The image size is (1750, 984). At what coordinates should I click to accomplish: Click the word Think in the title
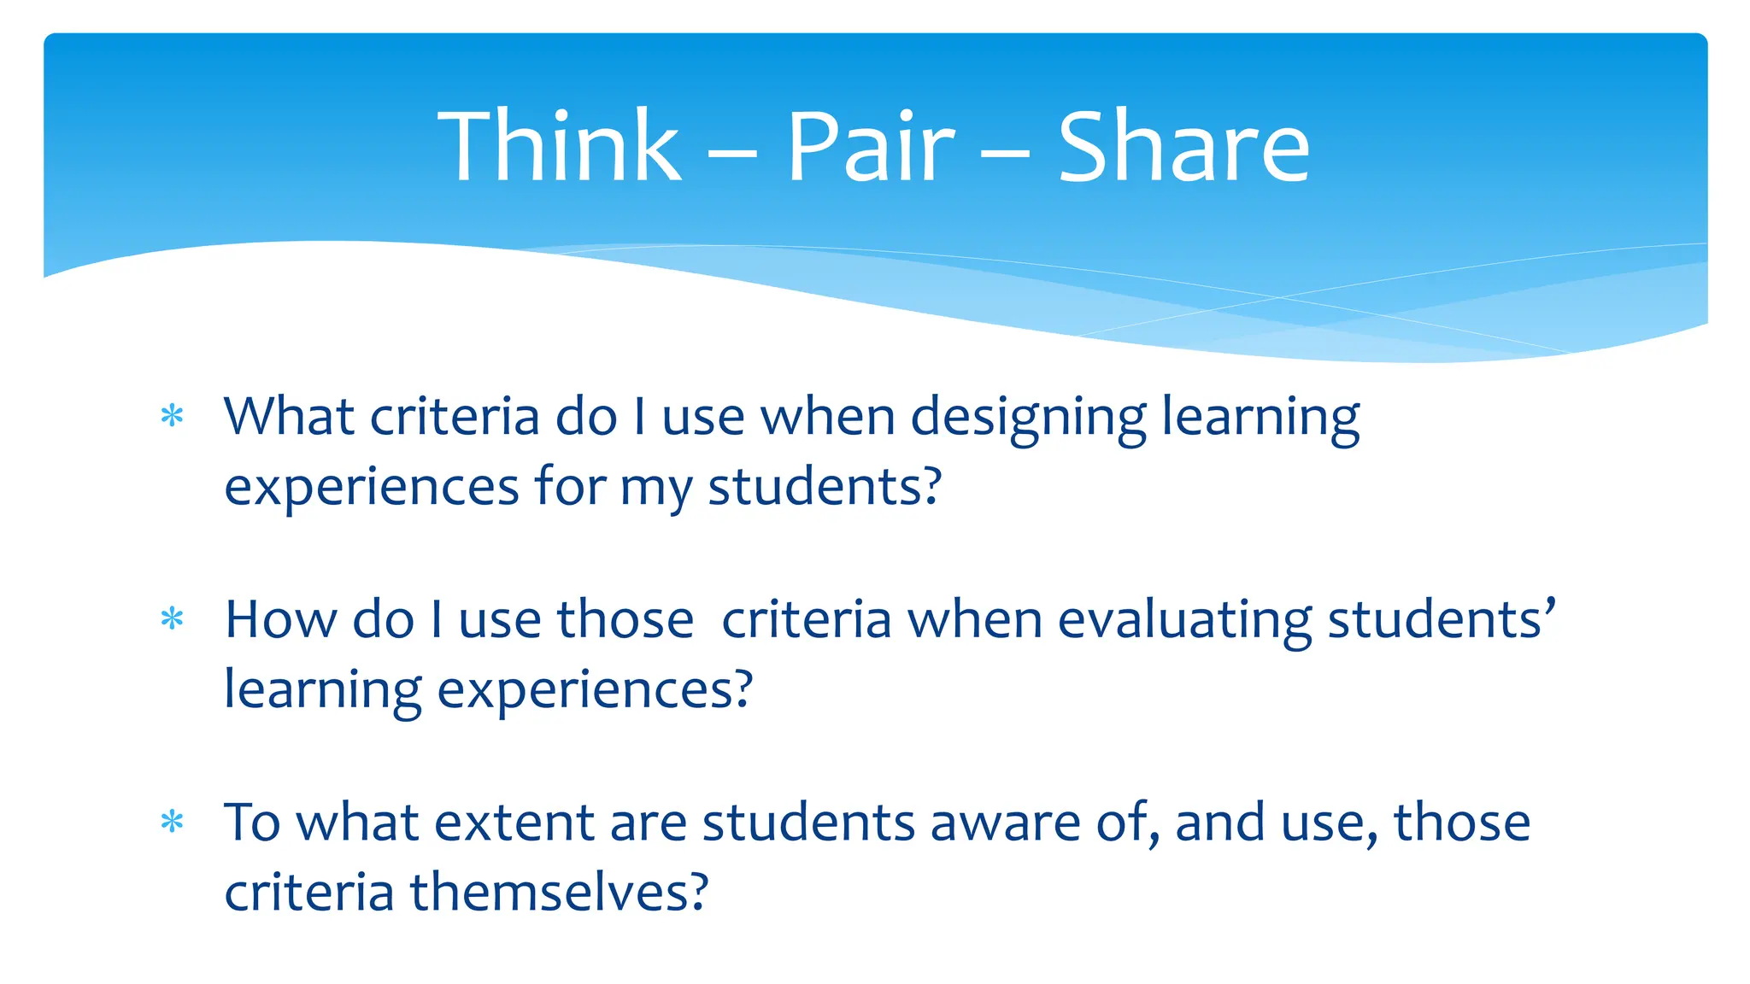559,146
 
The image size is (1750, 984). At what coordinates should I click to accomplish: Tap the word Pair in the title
869,146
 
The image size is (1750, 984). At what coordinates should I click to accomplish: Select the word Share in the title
1183,146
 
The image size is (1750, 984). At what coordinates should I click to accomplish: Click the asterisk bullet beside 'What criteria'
173,416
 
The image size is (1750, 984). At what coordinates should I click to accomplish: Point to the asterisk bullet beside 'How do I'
173,618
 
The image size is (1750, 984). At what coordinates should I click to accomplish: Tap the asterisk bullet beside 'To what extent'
173,822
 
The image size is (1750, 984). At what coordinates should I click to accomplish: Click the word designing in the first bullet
1028,419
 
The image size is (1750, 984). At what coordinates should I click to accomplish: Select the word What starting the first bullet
289,417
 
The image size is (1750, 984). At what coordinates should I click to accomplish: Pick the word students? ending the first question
825,487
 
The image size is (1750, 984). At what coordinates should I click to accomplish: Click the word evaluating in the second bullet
1184,621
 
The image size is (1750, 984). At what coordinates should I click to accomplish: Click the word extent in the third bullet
514,823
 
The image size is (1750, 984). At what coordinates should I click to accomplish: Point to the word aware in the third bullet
1005,823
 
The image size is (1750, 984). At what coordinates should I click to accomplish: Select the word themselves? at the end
559,892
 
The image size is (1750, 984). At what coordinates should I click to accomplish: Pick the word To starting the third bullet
252,823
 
